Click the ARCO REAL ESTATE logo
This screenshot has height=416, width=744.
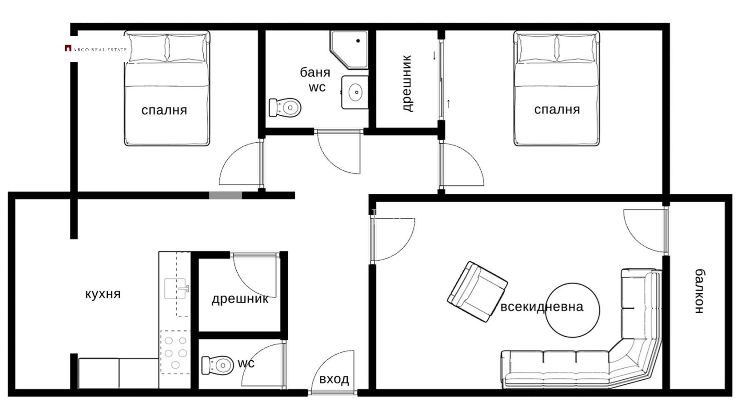pos(96,49)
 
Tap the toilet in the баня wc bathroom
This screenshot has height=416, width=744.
pos(285,107)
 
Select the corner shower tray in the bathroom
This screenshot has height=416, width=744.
pos(349,50)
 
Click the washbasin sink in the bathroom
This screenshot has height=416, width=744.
pos(355,92)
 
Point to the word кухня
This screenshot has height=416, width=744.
pos(103,294)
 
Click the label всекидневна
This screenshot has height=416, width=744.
pos(542,306)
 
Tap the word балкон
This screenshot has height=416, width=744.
pos(699,291)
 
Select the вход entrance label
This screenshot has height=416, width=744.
pos(334,379)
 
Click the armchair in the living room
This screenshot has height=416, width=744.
pos(477,291)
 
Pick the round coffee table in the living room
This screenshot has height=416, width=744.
pos(572,310)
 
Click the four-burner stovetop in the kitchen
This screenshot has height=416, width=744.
pos(175,352)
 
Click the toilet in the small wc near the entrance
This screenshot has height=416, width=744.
pos(218,365)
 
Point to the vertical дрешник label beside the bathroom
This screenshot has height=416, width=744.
pos(407,84)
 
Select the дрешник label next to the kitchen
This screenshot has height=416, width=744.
pos(240,299)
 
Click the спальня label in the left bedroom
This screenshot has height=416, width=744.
pos(164,110)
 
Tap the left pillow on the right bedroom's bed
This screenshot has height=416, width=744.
pos(537,48)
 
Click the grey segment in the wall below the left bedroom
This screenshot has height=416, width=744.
pos(226,196)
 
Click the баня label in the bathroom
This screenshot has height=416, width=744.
pos(315,73)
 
